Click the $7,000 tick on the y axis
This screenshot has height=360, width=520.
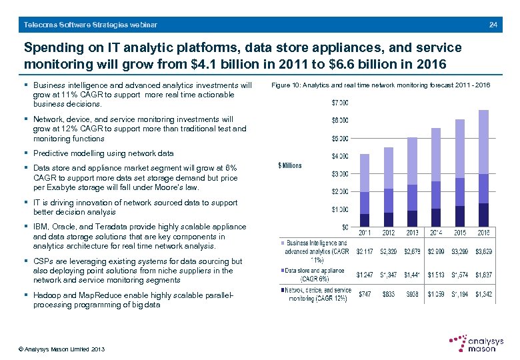pyautogui.click(x=339, y=102)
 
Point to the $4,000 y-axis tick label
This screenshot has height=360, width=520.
pyautogui.click(x=339, y=156)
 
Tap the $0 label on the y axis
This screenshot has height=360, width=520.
pyautogui.click(x=344, y=228)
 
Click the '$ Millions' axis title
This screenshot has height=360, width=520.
pyautogui.click(x=289, y=165)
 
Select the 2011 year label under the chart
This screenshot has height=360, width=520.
pyautogui.click(x=365, y=233)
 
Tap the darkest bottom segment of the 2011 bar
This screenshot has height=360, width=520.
pyautogui.click(x=365, y=221)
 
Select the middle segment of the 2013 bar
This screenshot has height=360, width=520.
pyautogui.click(x=412, y=197)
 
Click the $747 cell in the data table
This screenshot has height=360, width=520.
pyautogui.click(x=365, y=293)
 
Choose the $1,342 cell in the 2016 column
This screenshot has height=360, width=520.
pyautogui.click(x=483, y=293)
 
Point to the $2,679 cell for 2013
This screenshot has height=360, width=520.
pyautogui.click(x=412, y=251)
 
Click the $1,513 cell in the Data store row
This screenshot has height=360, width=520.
pyautogui.click(x=436, y=274)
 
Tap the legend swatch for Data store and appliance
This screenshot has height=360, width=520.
pyautogui.click(x=281, y=271)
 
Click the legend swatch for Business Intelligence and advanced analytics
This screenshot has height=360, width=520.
pyautogui.click(x=281, y=243)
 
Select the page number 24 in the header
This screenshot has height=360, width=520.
pyautogui.click(x=493, y=25)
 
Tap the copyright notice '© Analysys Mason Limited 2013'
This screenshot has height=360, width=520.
pyautogui.click(x=61, y=349)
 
